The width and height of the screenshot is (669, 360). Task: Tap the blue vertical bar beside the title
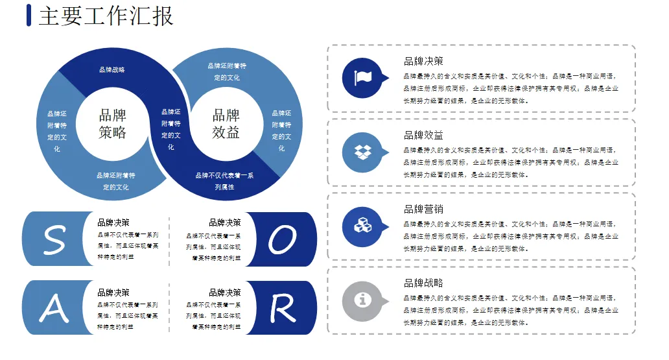click(29, 16)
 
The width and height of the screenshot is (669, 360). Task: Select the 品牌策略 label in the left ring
click(113, 124)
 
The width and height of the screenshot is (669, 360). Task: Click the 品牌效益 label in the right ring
click(226, 124)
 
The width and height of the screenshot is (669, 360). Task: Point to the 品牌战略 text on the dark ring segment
click(112, 69)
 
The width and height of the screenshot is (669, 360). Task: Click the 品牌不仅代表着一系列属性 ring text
click(224, 181)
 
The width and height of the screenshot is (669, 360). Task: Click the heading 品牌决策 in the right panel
click(423, 62)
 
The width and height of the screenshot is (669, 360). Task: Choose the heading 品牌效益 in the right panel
click(423, 136)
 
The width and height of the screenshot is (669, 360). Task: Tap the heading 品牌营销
click(423, 210)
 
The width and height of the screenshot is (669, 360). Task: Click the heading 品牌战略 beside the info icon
click(423, 283)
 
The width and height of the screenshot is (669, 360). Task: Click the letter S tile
click(54, 239)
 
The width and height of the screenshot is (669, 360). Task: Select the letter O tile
click(283, 239)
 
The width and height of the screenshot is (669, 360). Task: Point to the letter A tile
click(54, 308)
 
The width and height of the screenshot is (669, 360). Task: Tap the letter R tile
click(283, 308)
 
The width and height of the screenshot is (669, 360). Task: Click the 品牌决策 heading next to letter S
click(113, 222)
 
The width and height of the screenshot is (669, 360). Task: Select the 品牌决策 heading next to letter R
click(225, 293)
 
